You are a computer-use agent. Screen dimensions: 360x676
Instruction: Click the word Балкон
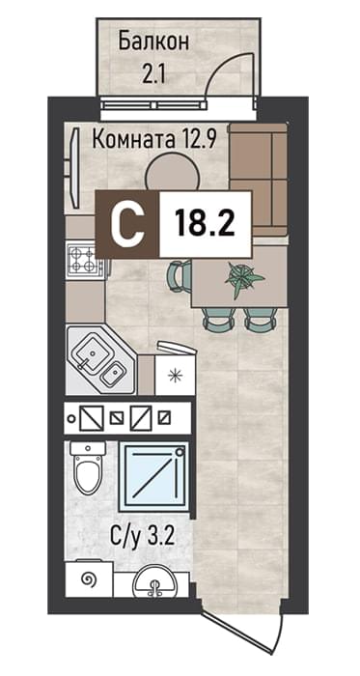[x=153, y=42]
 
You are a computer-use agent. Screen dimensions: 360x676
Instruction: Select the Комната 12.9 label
[x=153, y=140]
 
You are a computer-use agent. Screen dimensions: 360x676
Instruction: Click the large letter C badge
[x=127, y=224]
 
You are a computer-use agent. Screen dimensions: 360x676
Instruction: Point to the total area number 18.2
[x=204, y=224]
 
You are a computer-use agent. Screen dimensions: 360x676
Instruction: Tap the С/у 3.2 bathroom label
[x=142, y=537]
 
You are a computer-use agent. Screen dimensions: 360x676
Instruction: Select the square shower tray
[x=153, y=476]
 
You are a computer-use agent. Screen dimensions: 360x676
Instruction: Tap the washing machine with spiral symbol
[x=89, y=579]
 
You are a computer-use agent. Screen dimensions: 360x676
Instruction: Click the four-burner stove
[x=84, y=260]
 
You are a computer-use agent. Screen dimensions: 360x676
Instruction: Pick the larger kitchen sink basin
[x=92, y=354]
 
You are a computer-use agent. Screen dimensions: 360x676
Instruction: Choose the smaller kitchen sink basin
[x=113, y=374]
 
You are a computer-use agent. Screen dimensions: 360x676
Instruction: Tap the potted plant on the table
[x=242, y=278]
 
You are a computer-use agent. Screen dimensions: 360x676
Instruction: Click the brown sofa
[x=259, y=180]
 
